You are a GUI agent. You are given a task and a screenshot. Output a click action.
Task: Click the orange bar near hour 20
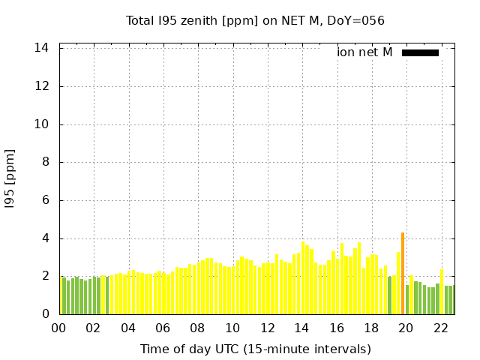[x=403, y=274]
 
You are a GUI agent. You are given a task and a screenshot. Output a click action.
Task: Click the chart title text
[x=255, y=21]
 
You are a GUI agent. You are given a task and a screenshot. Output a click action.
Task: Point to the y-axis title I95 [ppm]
[x=10, y=178]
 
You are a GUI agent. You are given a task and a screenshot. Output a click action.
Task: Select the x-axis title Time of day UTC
[x=255, y=349]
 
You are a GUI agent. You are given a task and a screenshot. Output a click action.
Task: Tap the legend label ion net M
[x=364, y=52]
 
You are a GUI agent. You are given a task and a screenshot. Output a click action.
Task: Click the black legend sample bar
[x=420, y=52]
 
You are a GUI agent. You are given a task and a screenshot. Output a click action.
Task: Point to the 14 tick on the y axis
[x=42, y=48]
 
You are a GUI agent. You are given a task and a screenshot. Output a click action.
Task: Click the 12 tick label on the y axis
[x=42, y=86]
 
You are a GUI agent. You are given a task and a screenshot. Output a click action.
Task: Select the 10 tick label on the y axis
[x=42, y=124]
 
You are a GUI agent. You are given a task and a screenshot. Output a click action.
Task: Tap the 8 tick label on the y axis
[x=45, y=162]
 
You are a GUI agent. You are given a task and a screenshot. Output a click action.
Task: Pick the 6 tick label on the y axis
[x=45, y=200]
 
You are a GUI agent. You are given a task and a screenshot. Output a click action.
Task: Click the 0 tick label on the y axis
[x=45, y=314]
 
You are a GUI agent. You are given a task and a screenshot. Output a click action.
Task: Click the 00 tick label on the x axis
[x=58, y=328]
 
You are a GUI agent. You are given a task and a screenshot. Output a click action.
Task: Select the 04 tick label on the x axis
[x=128, y=328]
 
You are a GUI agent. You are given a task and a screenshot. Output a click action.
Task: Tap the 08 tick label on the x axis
[x=197, y=328]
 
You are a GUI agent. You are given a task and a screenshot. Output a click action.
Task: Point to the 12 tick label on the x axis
[x=267, y=328]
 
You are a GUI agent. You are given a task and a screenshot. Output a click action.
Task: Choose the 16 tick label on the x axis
[x=337, y=328]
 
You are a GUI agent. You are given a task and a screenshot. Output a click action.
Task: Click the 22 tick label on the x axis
[x=441, y=328]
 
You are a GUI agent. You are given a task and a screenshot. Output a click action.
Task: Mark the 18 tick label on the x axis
[x=371, y=328]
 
